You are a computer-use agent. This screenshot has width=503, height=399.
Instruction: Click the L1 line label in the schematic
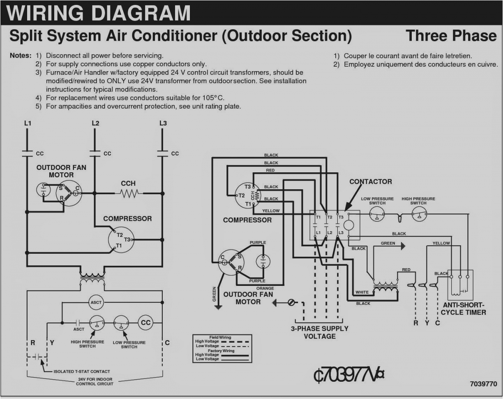coord(28,123)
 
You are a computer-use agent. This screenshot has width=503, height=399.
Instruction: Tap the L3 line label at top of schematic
coord(163,123)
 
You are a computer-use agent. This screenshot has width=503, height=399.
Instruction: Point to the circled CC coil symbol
coord(145,323)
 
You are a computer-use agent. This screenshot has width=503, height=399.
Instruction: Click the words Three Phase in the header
coord(451,36)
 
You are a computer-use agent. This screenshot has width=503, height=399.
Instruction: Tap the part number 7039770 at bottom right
coord(483,384)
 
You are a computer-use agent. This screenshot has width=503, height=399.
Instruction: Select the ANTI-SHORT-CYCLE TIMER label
coord(464,309)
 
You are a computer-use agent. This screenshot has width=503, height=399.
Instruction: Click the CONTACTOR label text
coord(370,182)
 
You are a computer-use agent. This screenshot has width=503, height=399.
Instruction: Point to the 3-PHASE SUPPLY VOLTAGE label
coord(320,332)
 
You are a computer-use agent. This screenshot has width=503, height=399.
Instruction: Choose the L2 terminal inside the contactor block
coord(329,233)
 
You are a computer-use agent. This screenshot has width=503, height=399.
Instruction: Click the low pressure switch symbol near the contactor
coord(376,214)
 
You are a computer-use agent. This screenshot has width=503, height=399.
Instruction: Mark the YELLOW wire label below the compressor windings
coord(271,211)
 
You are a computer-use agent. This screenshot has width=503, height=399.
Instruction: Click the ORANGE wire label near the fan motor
coord(265,288)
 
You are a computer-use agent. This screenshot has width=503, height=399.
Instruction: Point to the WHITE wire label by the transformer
coord(362,292)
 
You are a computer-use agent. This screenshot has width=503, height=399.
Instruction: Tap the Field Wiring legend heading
coord(220,337)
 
